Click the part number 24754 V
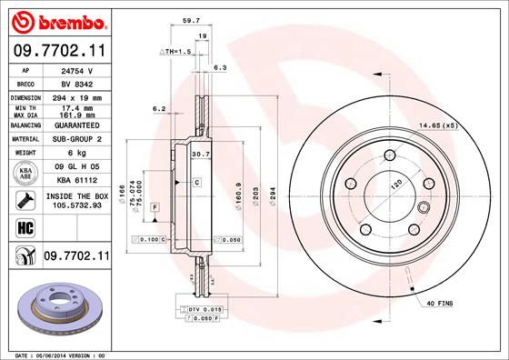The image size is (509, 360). tap(76, 69)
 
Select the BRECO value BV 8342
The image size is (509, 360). tap(76, 82)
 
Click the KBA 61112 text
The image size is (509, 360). tap(76, 181)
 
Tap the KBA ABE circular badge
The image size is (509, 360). tap(25, 174)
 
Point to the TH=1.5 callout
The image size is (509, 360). tap(177, 53)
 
